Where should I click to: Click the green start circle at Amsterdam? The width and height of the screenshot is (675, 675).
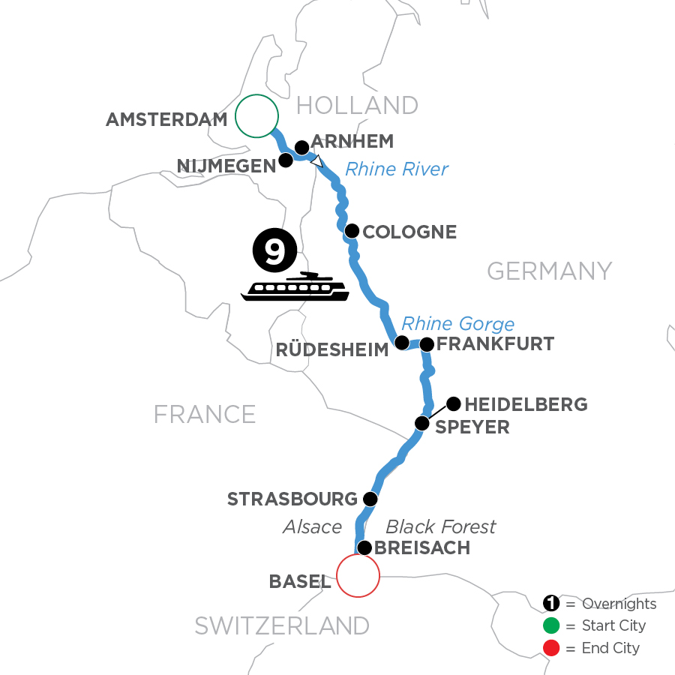(x=256, y=116)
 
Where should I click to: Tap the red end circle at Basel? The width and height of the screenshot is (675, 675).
(x=358, y=576)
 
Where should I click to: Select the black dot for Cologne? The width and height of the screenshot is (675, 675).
(x=351, y=231)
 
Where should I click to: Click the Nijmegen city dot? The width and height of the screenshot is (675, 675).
(x=286, y=160)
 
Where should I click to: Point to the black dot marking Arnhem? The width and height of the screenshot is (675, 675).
(x=301, y=147)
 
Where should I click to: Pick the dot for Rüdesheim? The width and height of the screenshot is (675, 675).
(x=402, y=343)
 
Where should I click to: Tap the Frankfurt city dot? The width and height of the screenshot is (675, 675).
(x=427, y=345)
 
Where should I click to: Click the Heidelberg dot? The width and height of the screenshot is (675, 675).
(x=454, y=404)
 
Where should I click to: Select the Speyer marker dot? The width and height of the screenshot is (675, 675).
(x=422, y=424)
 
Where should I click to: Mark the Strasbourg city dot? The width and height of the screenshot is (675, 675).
(x=370, y=499)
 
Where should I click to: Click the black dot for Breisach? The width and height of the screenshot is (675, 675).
(x=364, y=547)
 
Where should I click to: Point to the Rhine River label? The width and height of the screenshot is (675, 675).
(x=397, y=169)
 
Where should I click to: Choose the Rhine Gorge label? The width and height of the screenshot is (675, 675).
(x=457, y=324)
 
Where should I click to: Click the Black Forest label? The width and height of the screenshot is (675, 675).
(x=440, y=526)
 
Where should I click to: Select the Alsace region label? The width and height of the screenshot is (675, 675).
(x=312, y=527)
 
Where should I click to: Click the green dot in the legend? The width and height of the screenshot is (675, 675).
(x=550, y=625)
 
